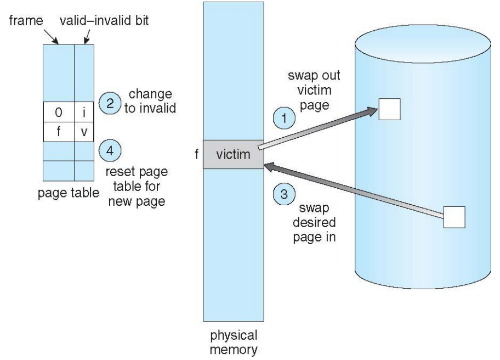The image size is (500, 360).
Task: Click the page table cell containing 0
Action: (x=59, y=112)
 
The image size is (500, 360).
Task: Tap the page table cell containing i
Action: (x=84, y=112)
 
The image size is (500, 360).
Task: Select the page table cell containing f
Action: (x=59, y=132)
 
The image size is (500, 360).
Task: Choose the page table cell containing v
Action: (x=84, y=132)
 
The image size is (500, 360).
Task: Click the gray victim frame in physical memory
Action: (x=234, y=155)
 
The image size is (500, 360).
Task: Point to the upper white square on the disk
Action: (x=390, y=109)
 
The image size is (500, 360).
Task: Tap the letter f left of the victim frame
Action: (x=196, y=155)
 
